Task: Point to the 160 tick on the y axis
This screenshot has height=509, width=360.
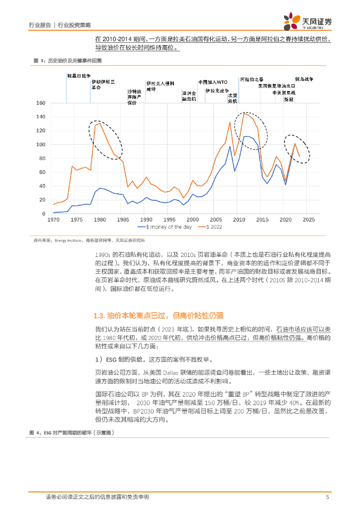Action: coord(41,103)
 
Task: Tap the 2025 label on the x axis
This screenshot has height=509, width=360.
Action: coord(308,219)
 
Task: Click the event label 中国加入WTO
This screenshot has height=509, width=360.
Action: coord(213,82)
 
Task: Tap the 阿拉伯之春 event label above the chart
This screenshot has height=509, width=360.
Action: coord(252,80)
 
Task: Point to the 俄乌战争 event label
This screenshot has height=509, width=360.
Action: coord(304,79)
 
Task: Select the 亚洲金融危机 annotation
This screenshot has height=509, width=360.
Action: coord(189,96)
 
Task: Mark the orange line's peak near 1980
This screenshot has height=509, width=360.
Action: coord(100,123)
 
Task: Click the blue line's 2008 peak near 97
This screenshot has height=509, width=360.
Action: coord(230,147)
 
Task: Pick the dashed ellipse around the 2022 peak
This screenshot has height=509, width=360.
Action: coord(297,148)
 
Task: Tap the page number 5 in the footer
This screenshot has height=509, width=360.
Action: coord(327,497)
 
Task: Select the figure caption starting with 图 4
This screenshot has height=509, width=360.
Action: coord(72,433)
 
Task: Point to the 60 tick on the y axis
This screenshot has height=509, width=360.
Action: coord(42,172)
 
